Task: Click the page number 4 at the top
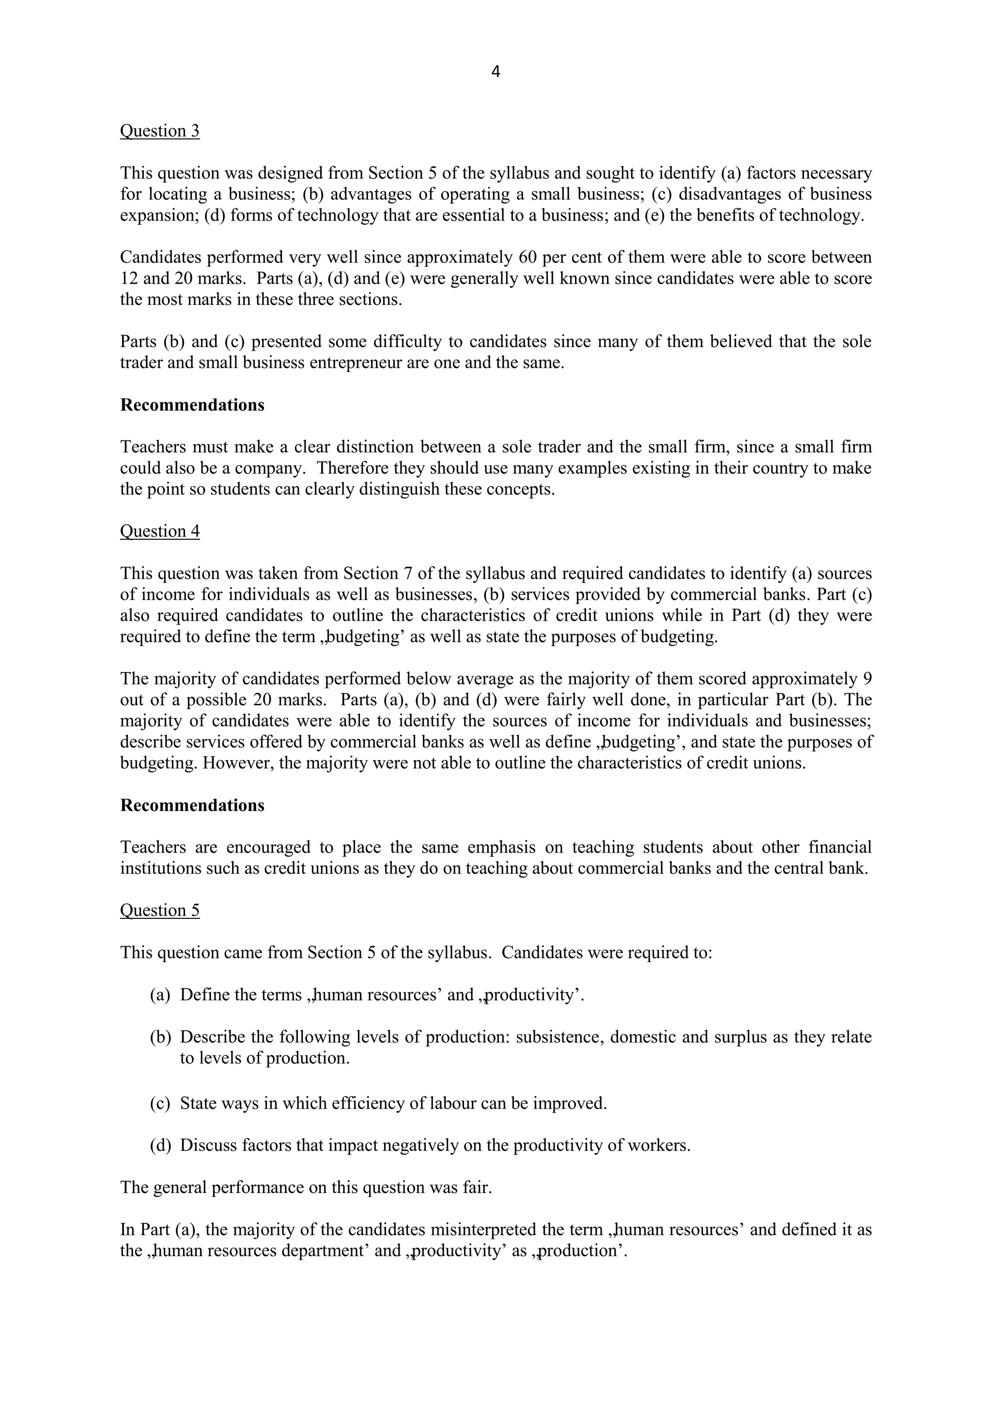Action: pos(496,72)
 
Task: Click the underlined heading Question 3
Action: pos(159,131)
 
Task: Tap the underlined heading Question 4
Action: pos(159,531)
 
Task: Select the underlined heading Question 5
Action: pos(159,911)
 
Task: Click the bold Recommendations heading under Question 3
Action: pos(192,406)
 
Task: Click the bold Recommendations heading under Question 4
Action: pos(192,806)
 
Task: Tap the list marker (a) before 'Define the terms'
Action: pos(160,995)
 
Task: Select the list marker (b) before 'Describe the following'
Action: pos(160,1037)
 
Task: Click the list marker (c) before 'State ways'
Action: pos(160,1103)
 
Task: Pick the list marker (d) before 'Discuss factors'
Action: pos(160,1145)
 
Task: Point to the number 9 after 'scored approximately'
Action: pos(867,679)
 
